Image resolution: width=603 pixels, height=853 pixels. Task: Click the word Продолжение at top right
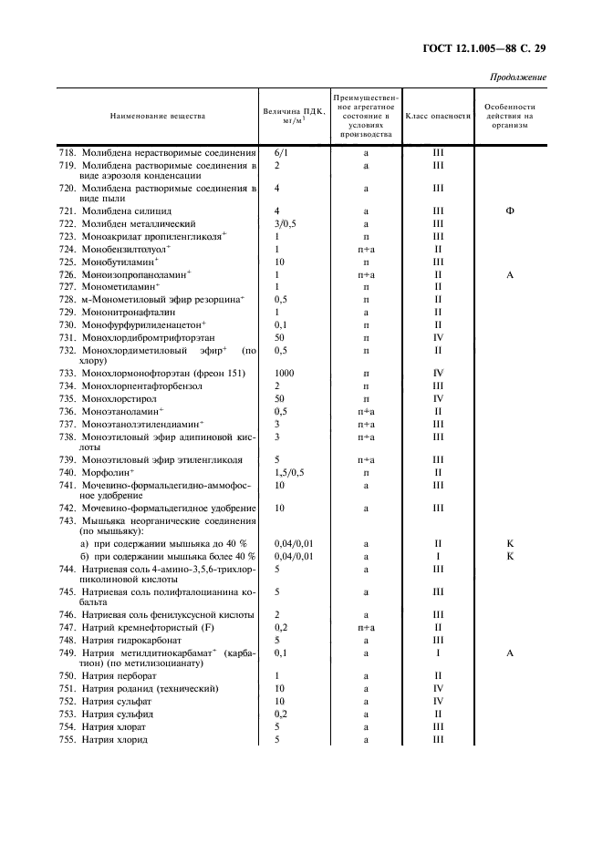pyautogui.click(x=518, y=77)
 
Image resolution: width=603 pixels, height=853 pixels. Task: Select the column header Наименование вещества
pyautogui.click(x=158, y=116)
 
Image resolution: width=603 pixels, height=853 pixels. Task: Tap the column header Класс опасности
pyautogui.click(x=437, y=116)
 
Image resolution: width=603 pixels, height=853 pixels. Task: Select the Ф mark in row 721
pyautogui.click(x=510, y=211)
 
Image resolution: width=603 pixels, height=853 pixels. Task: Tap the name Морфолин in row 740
pyautogui.click(x=107, y=472)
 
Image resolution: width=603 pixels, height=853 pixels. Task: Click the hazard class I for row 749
pyautogui.click(x=438, y=653)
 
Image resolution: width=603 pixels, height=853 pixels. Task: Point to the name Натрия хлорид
pyautogui.click(x=114, y=739)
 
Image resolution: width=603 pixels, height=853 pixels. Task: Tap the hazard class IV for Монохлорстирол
pyautogui.click(x=438, y=398)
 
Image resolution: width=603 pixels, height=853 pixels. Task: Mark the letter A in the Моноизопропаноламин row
pyautogui.click(x=510, y=273)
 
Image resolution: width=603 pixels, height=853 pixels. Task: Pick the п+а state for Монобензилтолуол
pyautogui.click(x=365, y=249)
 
